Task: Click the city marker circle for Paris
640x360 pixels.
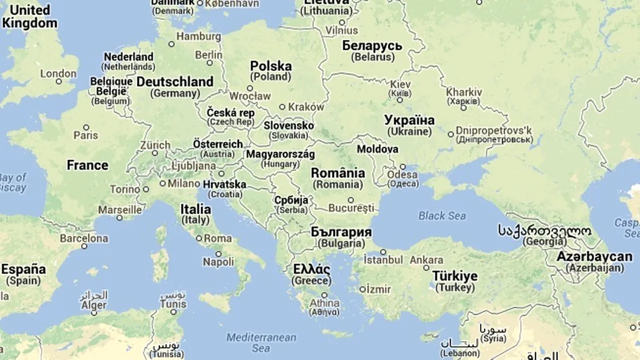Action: click(86, 127)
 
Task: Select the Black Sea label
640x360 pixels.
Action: click(442, 216)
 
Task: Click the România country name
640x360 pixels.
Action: click(338, 173)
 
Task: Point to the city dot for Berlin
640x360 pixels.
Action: click(210, 63)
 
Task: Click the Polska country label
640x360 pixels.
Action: click(270, 66)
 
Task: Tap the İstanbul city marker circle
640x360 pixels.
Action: click(383, 252)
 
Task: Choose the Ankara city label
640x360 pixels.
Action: click(426, 260)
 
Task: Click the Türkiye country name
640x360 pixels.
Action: click(454, 276)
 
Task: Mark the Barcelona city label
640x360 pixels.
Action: click(84, 238)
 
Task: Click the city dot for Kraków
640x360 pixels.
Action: click(282, 106)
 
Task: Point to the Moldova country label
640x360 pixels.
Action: click(377, 149)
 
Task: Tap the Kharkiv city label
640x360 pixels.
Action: click(464, 92)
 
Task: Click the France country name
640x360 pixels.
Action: click(87, 165)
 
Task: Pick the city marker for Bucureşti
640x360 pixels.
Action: click(350, 200)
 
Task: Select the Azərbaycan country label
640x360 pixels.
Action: click(595, 257)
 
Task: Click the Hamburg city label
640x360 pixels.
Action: click(198, 36)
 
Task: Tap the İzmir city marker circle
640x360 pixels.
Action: click(362, 289)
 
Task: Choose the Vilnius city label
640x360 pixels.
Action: click(341, 30)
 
